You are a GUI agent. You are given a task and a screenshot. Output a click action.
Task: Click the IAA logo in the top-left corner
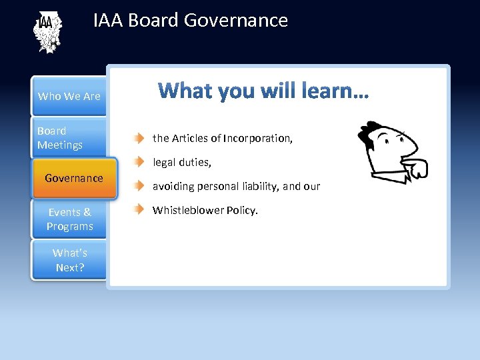click(47, 32)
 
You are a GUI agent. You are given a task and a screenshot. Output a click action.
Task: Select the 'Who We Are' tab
click(69, 96)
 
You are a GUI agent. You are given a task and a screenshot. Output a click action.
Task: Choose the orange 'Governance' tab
click(74, 178)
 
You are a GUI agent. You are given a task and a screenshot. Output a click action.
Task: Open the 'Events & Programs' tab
click(69, 219)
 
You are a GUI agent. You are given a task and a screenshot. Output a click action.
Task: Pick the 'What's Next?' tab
click(69, 260)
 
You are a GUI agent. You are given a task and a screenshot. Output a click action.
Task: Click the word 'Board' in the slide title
click(153, 21)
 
